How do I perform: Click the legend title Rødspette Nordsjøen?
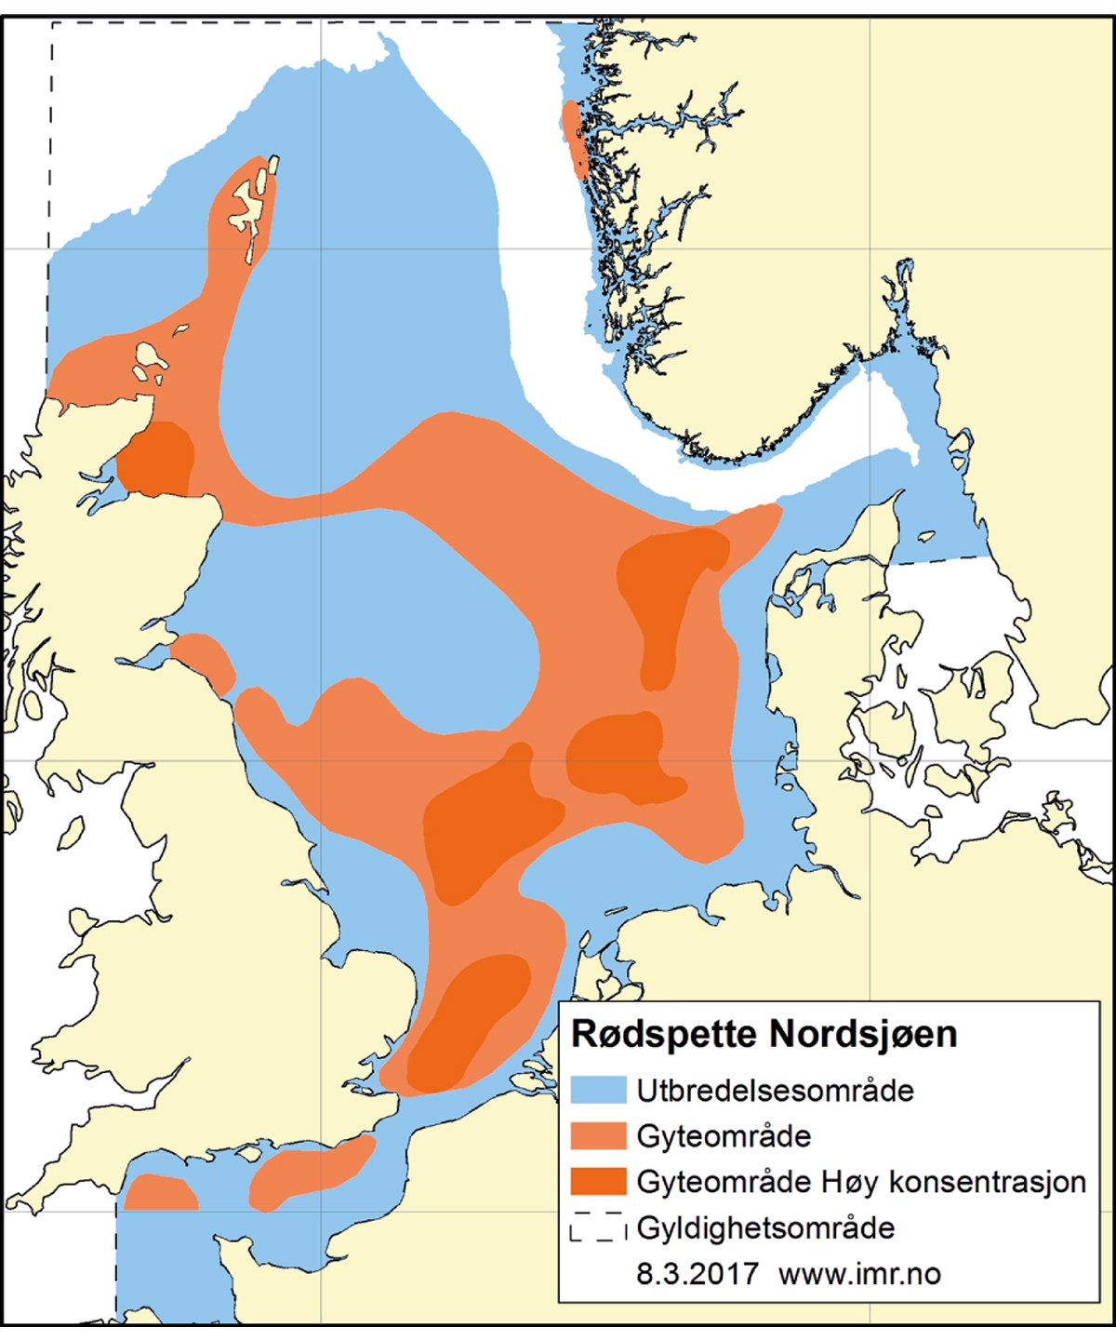(x=764, y=1035)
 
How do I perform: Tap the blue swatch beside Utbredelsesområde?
(x=599, y=1091)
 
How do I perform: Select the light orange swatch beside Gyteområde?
(x=599, y=1136)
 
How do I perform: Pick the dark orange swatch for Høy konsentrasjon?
(x=599, y=1182)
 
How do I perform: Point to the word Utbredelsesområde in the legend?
(x=775, y=1091)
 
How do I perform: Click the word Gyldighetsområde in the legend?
(x=765, y=1228)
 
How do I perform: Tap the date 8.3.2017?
(x=697, y=1274)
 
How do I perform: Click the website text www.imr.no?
(x=859, y=1274)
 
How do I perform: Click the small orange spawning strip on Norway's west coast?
(x=573, y=138)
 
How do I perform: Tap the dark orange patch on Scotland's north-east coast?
(x=156, y=459)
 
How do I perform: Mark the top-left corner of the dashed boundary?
(x=52, y=23)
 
